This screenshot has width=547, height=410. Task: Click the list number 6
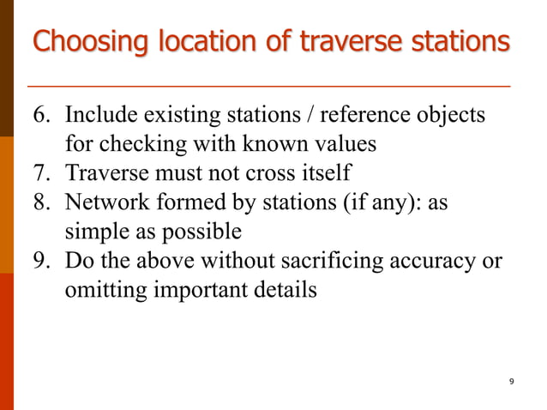(41, 115)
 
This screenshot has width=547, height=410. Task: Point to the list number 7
(41, 173)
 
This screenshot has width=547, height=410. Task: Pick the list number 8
(41, 202)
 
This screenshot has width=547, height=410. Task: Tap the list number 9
(41, 261)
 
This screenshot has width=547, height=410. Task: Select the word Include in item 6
(101, 115)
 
